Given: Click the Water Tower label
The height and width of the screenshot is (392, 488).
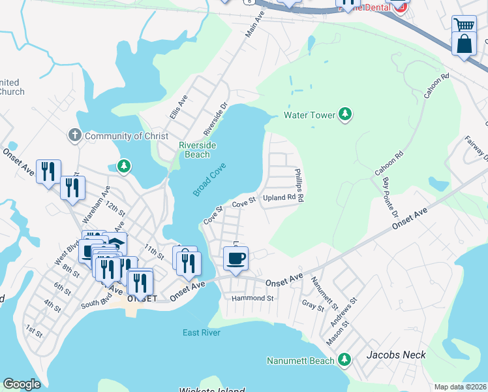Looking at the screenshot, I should pyautogui.click(x=309, y=115).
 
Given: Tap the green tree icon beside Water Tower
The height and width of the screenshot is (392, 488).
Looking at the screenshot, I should pyautogui.click(x=345, y=115).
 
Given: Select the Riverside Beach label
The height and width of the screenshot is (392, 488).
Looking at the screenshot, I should pyautogui.click(x=198, y=150).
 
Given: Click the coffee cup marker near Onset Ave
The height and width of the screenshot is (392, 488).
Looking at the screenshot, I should pyautogui.click(x=236, y=258).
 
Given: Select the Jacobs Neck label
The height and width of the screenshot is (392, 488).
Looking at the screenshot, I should pyautogui.click(x=396, y=355).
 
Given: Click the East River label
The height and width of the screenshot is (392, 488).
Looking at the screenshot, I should pyautogui.click(x=202, y=333).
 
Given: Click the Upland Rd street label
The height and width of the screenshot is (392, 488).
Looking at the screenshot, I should pyautogui.click(x=280, y=197).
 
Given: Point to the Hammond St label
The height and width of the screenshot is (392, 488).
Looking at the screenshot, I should pyautogui.click(x=252, y=298).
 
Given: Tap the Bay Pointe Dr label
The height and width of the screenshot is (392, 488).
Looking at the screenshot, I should pyautogui.click(x=390, y=197).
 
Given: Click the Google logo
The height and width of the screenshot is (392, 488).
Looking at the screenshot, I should pyautogui.click(x=22, y=384).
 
